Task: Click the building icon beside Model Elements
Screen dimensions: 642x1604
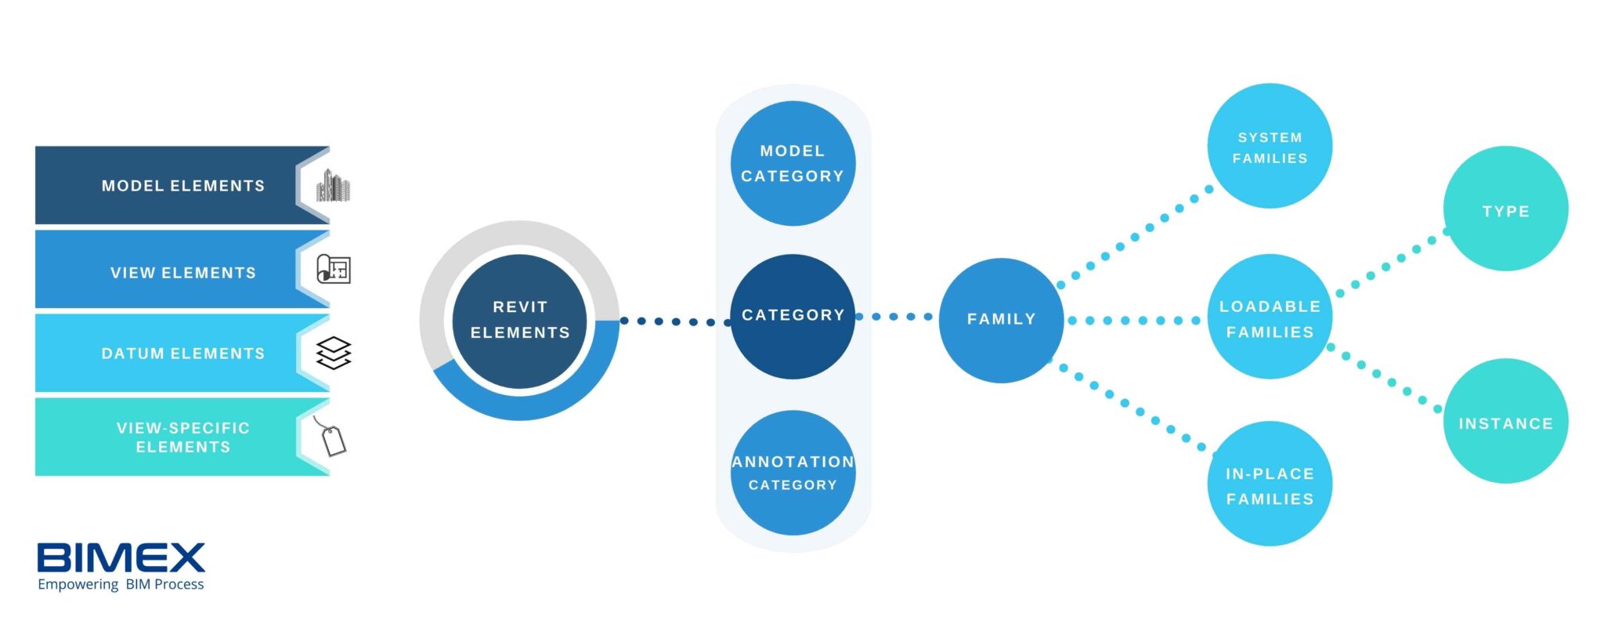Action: pos(333,186)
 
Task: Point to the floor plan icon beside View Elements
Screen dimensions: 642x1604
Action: pos(333,269)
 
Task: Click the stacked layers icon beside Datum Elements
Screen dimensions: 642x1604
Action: pos(334,354)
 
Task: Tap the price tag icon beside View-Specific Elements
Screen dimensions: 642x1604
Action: pos(332,437)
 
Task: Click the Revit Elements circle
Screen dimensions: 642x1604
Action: pos(519,320)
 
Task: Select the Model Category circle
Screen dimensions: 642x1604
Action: pos(793,163)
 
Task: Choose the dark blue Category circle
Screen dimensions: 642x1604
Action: pos(793,316)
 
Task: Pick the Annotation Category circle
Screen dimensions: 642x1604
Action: pos(793,473)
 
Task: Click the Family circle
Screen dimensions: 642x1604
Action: pos(1001,320)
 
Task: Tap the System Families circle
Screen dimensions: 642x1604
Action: pos(1270,147)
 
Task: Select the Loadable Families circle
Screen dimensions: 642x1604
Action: pos(1270,317)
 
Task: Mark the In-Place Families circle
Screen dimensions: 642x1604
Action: pos(1270,484)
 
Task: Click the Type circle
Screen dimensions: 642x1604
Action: pos(1505,209)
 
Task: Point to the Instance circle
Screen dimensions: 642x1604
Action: pos(1505,422)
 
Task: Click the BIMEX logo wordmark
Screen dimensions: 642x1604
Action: pos(121,557)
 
